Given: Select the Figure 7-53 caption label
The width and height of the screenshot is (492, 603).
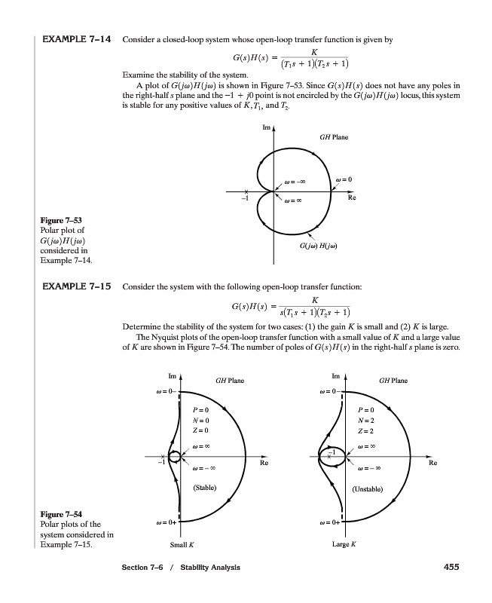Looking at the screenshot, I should coord(57,220).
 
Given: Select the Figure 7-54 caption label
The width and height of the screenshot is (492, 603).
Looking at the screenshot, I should coord(57,515).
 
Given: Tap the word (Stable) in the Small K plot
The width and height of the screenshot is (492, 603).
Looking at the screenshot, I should coord(206,488).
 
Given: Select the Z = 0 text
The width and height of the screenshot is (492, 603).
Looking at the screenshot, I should coord(200,430).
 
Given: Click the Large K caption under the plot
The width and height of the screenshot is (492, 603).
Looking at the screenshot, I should coord(344,543).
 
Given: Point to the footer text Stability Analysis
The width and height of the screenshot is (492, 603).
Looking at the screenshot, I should coord(205,567).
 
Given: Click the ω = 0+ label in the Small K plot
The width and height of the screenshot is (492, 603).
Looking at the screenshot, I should coord(165,521).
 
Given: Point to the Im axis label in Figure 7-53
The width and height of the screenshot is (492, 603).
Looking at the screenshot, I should coord(265,129).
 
